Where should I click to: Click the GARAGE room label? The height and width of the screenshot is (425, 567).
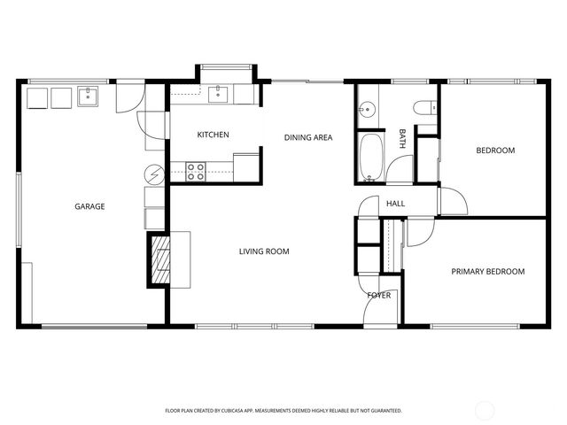(89, 206)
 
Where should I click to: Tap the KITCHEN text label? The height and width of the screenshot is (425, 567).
(213, 135)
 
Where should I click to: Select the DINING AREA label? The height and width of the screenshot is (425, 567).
(307, 137)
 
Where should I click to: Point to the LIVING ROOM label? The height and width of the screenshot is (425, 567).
(264, 251)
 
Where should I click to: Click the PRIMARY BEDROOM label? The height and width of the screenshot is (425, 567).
(487, 272)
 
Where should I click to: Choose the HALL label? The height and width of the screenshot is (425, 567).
(395, 204)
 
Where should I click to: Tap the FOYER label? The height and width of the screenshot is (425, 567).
(379, 295)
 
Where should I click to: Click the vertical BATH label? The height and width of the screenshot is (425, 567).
(402, 137)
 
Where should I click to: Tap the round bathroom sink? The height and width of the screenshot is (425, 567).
(368, 111)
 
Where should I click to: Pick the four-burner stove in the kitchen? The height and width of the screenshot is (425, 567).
(196, 171)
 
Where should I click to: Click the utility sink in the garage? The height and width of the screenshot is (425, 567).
(89, 96)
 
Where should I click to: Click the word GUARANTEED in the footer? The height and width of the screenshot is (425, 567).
(384, 411)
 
